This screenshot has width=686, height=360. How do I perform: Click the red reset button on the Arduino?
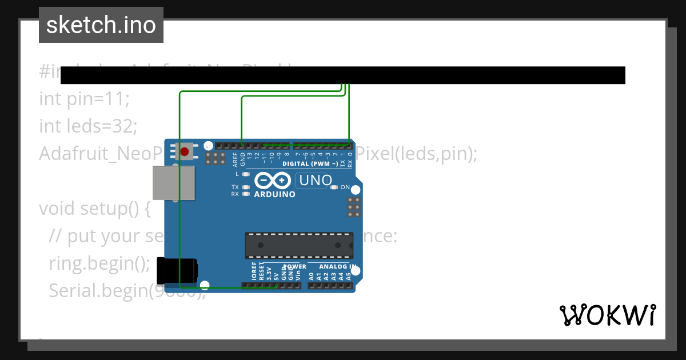coord(185,152)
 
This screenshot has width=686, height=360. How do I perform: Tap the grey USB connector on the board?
coord(174,183)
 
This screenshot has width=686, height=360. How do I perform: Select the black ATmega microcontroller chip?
coord(299,245)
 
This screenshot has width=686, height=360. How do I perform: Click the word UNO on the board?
coord(314,181)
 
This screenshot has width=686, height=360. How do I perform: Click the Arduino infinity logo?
coord(273,181)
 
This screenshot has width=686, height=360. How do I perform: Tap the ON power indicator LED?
coord(334,187)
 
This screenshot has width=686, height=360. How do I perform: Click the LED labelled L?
coord(246,174)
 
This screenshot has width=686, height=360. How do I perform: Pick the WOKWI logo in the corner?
coord(608,315)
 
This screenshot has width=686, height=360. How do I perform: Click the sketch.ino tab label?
coord(101,25)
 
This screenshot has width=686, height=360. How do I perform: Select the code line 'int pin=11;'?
coord(85,99)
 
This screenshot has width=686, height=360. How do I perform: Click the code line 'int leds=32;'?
coord(88,126)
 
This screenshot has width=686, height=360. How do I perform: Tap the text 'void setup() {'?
coord(95,209)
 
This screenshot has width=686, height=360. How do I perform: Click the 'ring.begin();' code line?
coord(99,263)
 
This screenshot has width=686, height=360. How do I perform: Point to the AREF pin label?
coord(235,158)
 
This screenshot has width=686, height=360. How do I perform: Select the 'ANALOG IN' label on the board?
coord(338,267)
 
